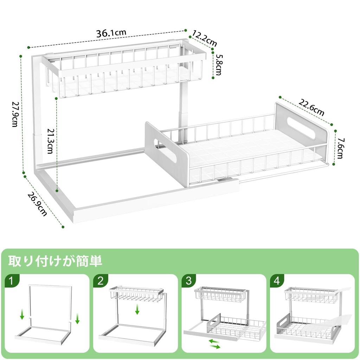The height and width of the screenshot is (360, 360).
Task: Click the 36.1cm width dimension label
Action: pos(111,34)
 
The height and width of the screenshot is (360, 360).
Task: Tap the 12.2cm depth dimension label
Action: pos(205,39)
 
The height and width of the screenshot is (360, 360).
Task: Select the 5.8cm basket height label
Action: pos(219,65)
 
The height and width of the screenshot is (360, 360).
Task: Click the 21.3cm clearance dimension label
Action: pos(50,141)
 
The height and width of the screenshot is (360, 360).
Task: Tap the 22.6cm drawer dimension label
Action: pos(311,107)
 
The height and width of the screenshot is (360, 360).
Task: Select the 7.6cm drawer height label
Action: pos(340,148)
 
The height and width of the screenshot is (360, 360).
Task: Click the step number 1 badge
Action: pos(12,281)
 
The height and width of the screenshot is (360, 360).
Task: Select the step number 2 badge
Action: pos(101,281)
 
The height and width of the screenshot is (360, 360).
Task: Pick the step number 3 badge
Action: pos(189,281)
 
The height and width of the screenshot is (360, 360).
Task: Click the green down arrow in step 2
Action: pos(137,309)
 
